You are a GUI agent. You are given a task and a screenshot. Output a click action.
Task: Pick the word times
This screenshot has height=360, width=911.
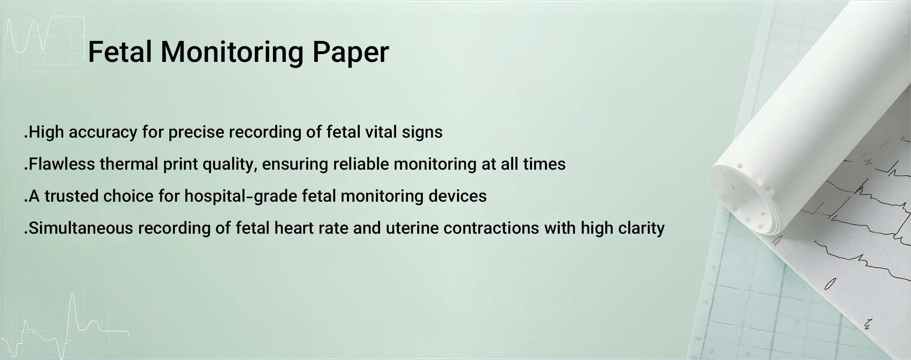pos(544,164)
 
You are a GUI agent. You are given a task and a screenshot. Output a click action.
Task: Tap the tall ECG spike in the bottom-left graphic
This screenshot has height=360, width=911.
pos(73,313)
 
